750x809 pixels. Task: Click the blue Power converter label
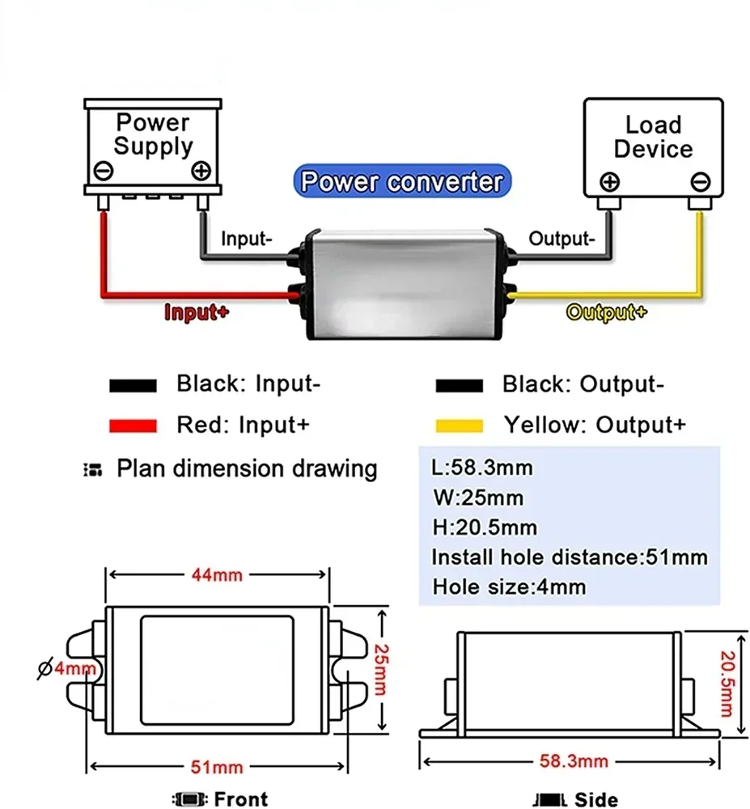pos(402,181)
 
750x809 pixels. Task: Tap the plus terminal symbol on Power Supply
pos(201,171)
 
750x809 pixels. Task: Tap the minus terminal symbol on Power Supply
pos(104,171)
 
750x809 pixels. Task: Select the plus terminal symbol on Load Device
pos(610,182)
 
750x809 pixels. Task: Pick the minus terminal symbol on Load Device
pos(700,182)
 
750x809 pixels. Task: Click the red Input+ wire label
pos(197,312)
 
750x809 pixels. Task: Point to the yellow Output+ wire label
pos(606,312)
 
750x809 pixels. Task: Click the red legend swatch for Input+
pos(133,426)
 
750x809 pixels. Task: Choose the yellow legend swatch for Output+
pos(459,426)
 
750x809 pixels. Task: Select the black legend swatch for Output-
pos(459,385)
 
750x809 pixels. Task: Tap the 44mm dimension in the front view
pos(217,574)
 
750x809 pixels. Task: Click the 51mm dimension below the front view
pos(217,767)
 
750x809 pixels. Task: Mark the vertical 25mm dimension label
pos(381,670)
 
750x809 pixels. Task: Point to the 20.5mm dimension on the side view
pos(727,684)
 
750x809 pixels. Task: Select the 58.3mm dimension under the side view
pos(574,761)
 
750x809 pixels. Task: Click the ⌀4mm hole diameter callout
pos(67,669)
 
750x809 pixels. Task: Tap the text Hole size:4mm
pos(509,587)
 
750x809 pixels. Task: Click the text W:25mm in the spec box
pos(478,498)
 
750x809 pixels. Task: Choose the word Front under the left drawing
pos(241,799)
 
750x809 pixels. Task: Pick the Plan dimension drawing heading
pos(247,469)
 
